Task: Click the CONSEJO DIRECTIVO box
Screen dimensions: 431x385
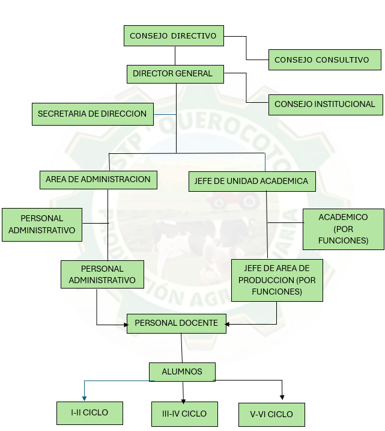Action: point(174,36)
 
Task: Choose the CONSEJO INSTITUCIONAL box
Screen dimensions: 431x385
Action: point(325,105)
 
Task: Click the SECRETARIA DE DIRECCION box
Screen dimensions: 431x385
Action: point(92,114)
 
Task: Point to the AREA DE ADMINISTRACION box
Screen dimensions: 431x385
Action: point(98,179)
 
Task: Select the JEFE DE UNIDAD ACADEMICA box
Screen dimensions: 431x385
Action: point(251,182)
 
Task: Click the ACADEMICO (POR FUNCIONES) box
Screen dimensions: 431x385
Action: point(343,228)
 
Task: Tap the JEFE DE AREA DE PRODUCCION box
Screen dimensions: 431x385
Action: point(277,280)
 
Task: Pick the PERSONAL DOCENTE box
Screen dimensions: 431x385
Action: point(176,323)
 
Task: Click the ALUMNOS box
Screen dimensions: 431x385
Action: point(182,371)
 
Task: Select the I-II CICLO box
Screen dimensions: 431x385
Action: point(89,413)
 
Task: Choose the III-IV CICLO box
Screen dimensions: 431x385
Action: point(184,414)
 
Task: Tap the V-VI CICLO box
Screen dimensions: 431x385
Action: point(271,415)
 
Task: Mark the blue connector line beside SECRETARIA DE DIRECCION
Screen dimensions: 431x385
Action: point(165,114)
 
